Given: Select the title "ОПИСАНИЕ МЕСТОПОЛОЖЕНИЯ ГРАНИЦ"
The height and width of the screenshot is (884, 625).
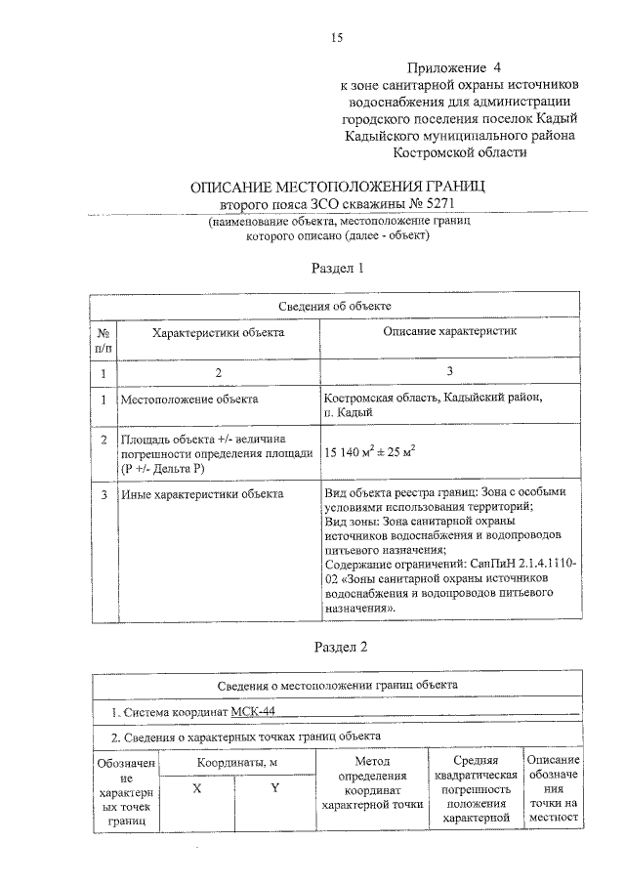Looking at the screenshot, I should point(337,187).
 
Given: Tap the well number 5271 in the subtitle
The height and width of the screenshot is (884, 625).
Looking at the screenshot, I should point(438,205).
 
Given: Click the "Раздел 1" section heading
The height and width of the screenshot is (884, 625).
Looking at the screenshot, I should point(337,268).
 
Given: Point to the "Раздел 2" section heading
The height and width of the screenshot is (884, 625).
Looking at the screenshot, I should point(337,646).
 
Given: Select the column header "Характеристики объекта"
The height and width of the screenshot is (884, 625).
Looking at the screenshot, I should point(218,333).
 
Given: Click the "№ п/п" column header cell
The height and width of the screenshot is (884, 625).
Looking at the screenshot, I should point(104,340).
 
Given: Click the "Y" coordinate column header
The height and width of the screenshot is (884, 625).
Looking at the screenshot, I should point(276,790).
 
